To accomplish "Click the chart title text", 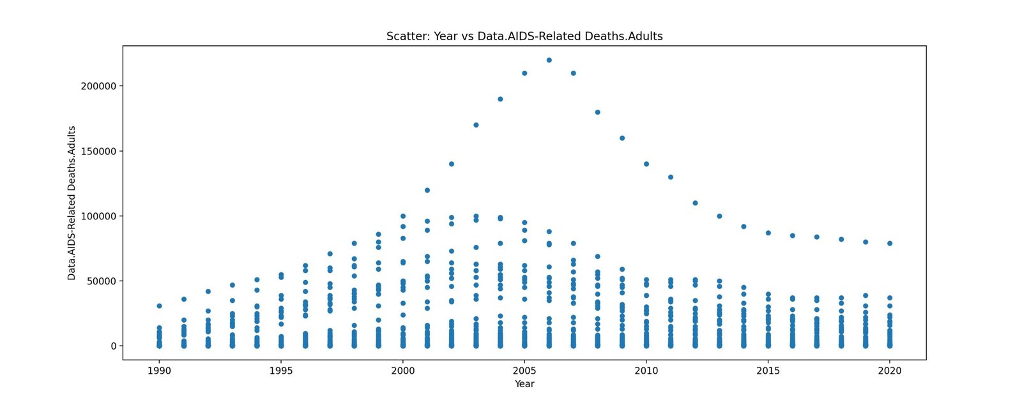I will point(524,36).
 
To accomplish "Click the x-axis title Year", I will point(524,384).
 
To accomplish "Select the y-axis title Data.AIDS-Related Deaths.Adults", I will point(72,203).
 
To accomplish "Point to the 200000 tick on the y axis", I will point(98,86).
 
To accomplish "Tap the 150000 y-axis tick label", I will point(98,151).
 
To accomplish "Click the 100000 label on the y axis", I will point(98,216).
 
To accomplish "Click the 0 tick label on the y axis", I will point(114,346).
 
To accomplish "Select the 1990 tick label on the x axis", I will point(159,371).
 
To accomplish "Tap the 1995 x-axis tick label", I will point(281,371).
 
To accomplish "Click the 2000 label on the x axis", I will point(402,371).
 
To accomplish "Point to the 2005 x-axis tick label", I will point(524,371).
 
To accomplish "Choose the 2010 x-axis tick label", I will point(646,371).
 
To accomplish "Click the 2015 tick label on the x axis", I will point(768,371).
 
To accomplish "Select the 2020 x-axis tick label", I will point(890,371).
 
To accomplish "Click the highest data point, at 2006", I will point(549,60).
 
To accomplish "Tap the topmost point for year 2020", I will point(890,243).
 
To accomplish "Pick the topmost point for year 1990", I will point(159,306).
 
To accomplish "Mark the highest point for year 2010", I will point(646,164).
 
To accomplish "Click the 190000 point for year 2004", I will point(500,99).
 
